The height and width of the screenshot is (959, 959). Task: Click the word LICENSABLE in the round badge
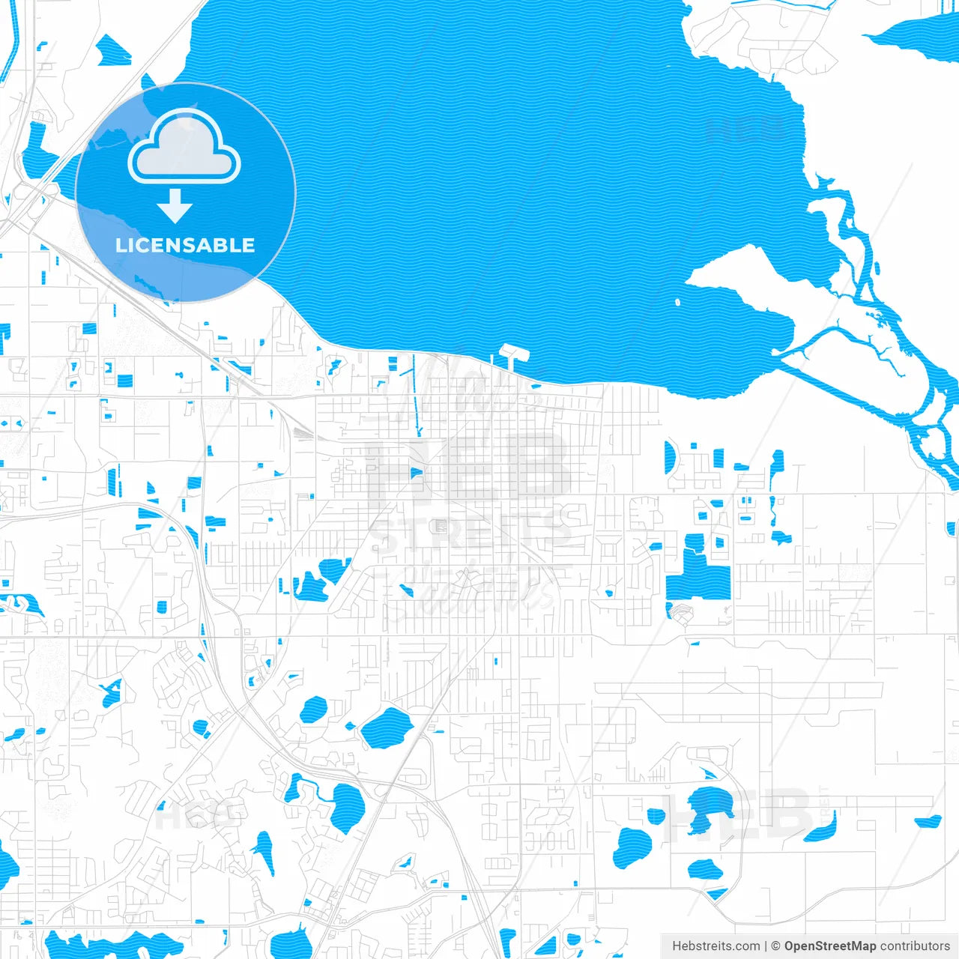coord(185,245)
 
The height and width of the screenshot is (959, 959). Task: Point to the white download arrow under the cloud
coord(175,206)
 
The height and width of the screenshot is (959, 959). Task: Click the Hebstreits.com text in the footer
coord(716,946)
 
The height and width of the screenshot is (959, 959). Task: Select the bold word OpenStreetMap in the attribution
coord(830,946)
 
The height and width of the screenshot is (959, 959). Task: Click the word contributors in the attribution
coord(915,946)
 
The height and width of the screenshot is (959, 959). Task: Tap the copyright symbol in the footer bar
coord(776,946)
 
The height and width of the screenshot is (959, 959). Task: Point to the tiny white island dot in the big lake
coord(678,303)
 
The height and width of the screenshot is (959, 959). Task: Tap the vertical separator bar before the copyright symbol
coord(766,946)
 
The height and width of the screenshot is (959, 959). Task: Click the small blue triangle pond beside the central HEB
coord(417,472)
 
